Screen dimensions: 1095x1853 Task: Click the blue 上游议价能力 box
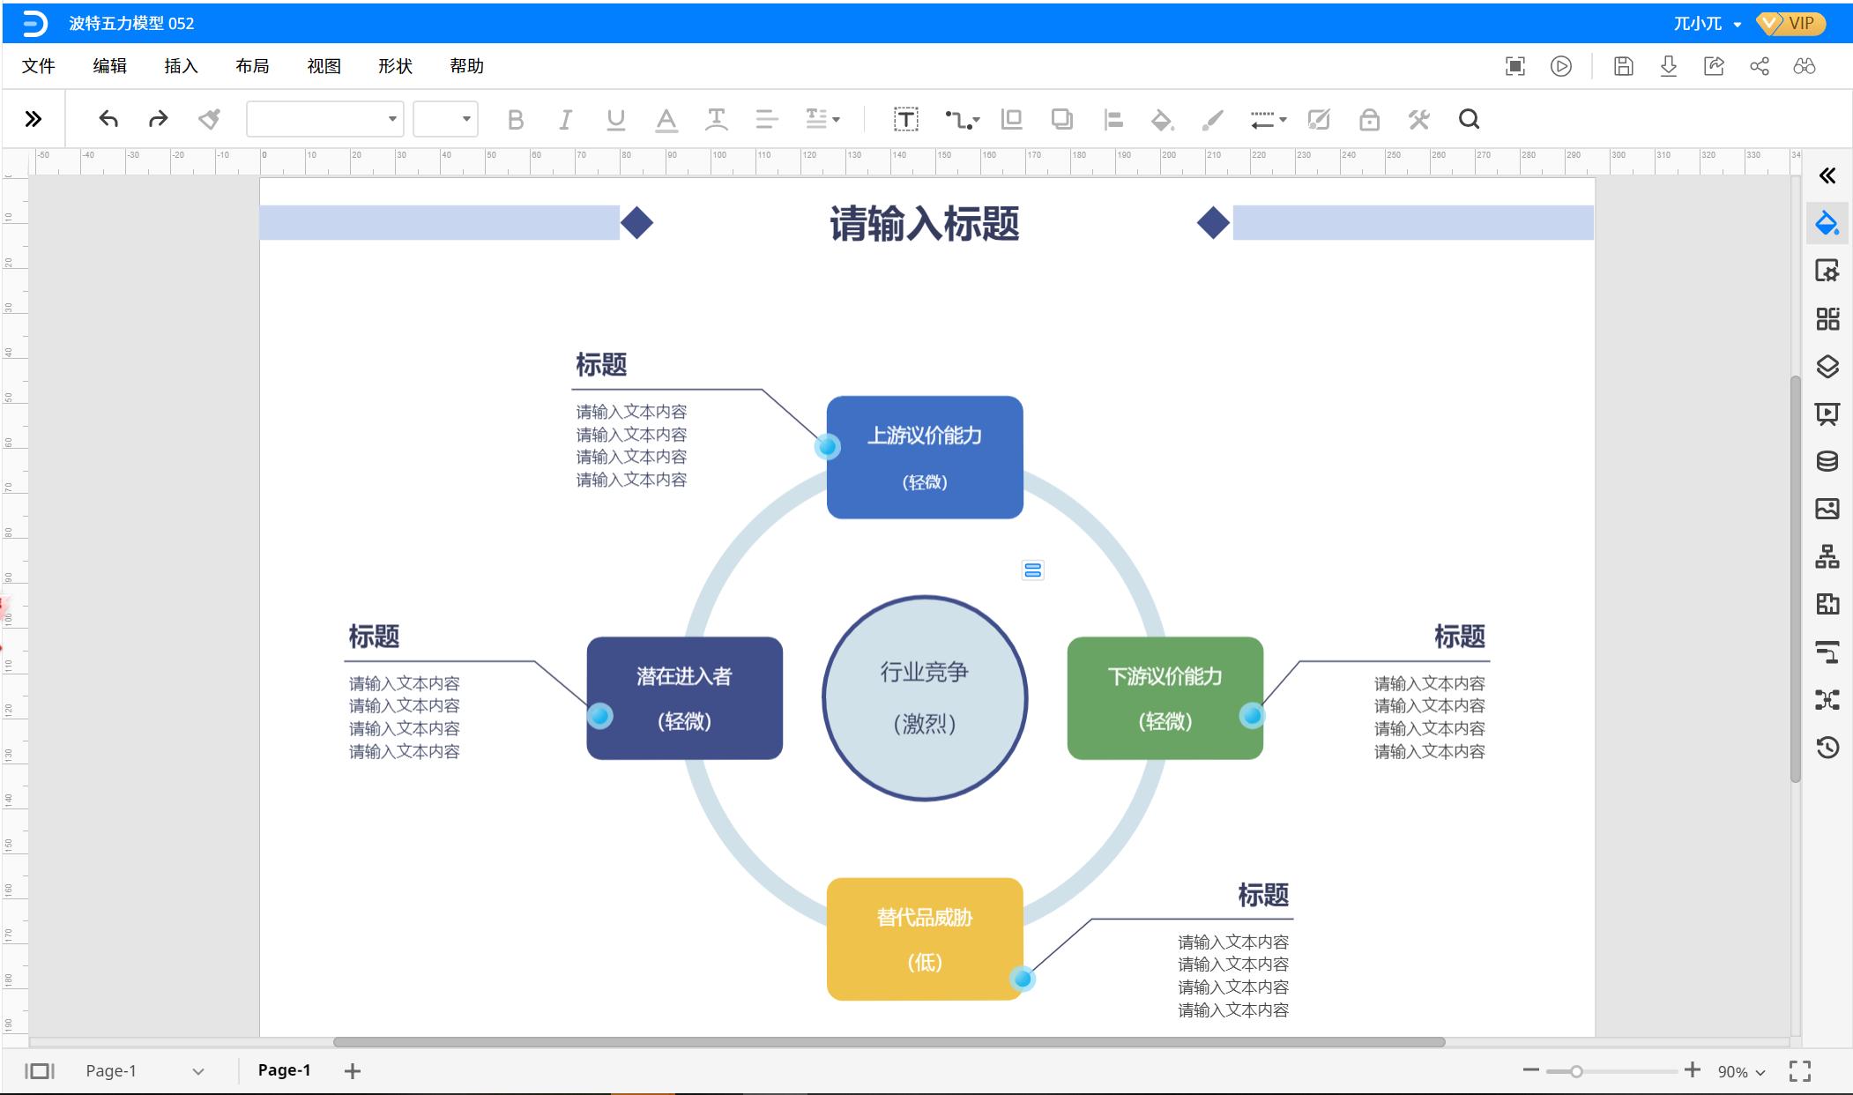tap(924, 457)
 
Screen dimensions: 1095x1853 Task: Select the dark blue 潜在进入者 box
tap(684, 697)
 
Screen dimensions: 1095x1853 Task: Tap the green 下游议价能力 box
tap(1165, 697)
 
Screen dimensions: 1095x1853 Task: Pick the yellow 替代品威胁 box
tap(924, 938)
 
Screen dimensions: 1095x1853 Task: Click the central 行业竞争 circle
tap(924, 697)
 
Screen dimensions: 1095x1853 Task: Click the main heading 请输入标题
tap(924, 224)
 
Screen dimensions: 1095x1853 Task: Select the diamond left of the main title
tap(636, 223)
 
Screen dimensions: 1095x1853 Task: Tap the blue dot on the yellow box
tap(1022, 978)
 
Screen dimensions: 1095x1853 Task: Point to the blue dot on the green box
tap(1251, 715)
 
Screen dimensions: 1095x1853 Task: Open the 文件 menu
tap(38, 66)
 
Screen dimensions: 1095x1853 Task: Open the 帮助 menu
tap(466, 66)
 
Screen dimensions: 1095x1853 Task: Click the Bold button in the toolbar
tap(516, 119)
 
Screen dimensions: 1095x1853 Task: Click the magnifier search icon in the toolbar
tap(1469, 119)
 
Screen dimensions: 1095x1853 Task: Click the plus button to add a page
tap(353, 1070)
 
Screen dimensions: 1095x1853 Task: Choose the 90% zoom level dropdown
tap(1741, 1071)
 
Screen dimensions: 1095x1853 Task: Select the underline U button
tap(615, 119)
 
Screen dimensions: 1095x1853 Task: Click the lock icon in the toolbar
tap(1369, 119)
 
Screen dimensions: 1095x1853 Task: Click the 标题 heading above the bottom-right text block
tap(1262, 895)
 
